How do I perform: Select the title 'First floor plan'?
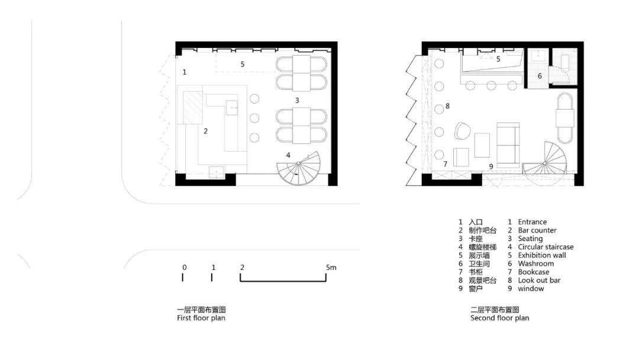(201, 318)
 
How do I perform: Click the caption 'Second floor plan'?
(500, 318)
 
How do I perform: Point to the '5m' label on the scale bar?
(331, 268)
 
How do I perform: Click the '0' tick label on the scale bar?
(184, 268)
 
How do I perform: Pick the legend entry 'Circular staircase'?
(546, 247)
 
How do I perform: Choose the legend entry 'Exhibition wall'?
(542, 255)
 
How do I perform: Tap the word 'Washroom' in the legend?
(536, 263)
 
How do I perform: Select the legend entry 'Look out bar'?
(539, 280)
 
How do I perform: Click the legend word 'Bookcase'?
(534, 272)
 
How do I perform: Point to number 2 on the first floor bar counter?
(205, 131)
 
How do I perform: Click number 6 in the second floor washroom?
(540, 76)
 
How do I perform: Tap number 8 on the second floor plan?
(448, 107)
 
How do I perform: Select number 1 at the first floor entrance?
(185, 72)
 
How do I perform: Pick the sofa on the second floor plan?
(508, 144)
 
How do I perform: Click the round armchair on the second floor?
(462, 130)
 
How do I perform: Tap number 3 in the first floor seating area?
(298, 101)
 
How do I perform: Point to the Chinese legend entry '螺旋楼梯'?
(483, 247)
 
